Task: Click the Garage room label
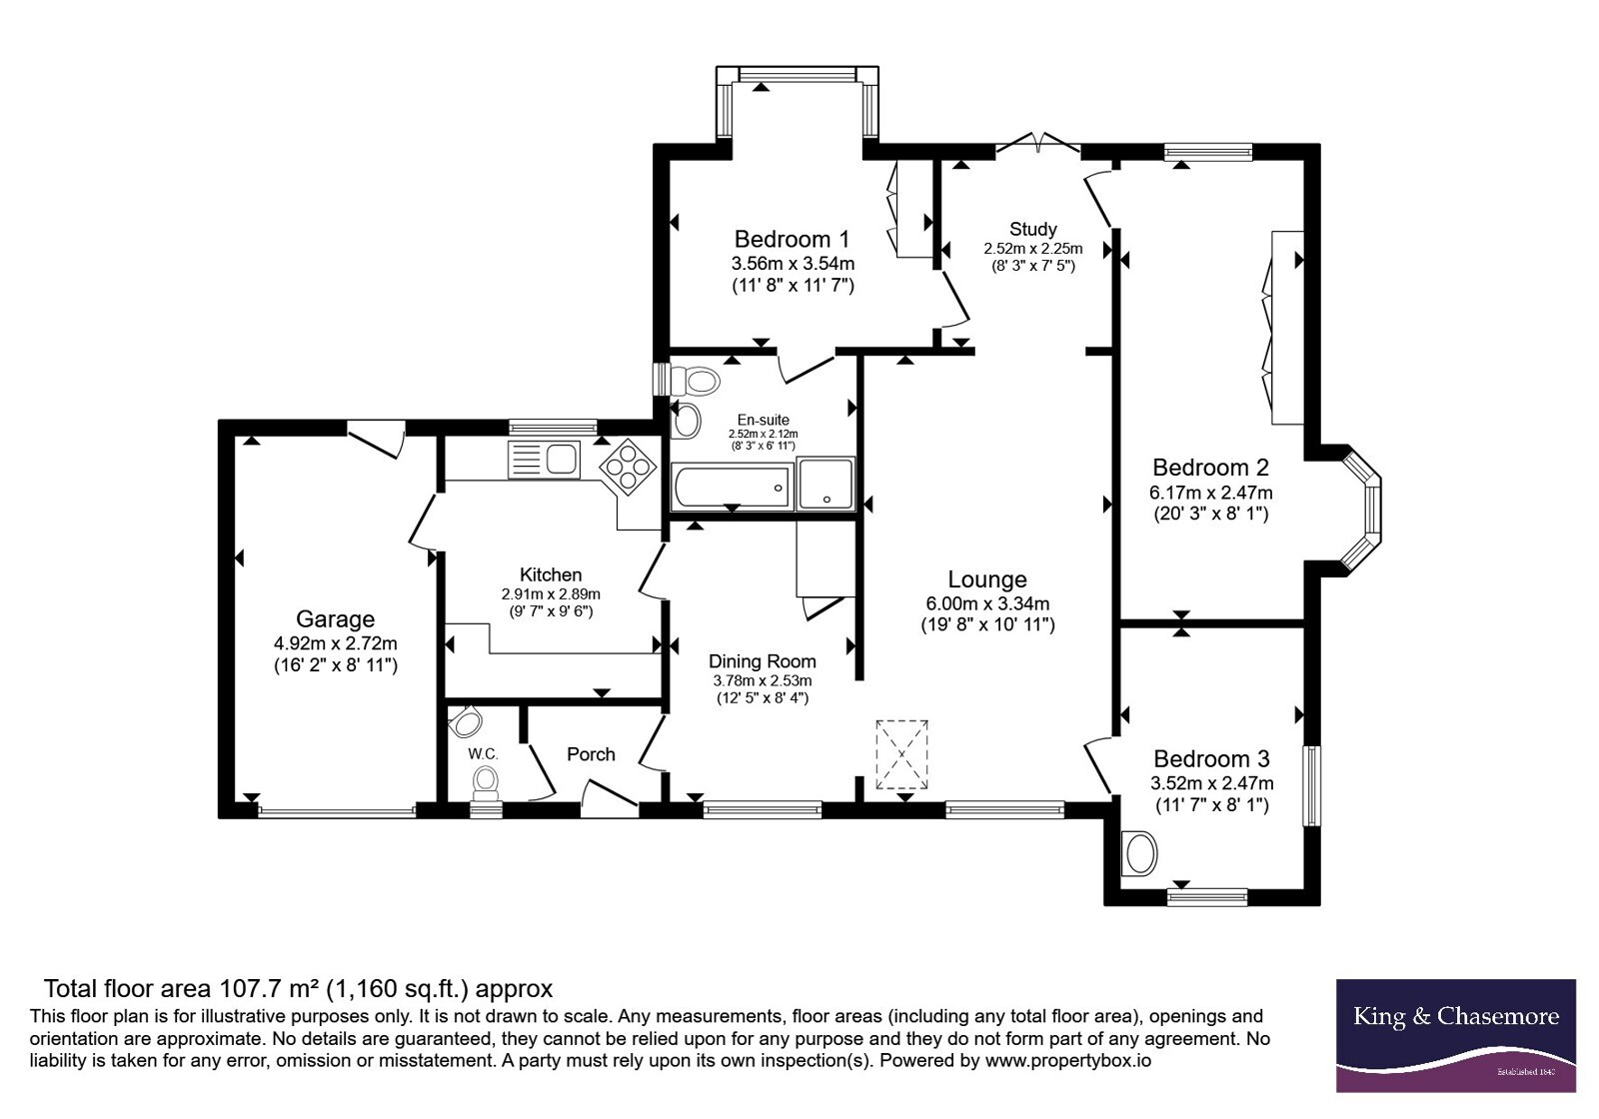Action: tap(335, 618)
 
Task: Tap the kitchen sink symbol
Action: tap(544, 459)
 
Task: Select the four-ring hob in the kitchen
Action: tap(628, 466)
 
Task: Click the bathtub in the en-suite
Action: tap(732, 488)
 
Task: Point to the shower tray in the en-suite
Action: tap(825, 484)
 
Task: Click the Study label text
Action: tap(1033, 229)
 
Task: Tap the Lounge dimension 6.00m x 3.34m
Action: tap(987, 603)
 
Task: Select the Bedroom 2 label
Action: tap(1210, 468)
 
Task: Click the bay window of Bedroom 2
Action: tap(1360, 509)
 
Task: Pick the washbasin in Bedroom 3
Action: tap(1138, 853)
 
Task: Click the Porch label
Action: tap(591, 754)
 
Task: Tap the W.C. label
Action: tap(483, 753)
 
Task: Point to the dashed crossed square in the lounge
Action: tap(901, 754)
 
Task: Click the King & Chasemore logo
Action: tap(1455, 1035)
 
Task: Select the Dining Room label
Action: tap(763, 661)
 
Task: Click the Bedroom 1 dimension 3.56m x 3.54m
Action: tap(793, 264)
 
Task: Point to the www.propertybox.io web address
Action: tap(1068, 1060)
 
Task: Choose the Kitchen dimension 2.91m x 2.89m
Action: tap(551, 593)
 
